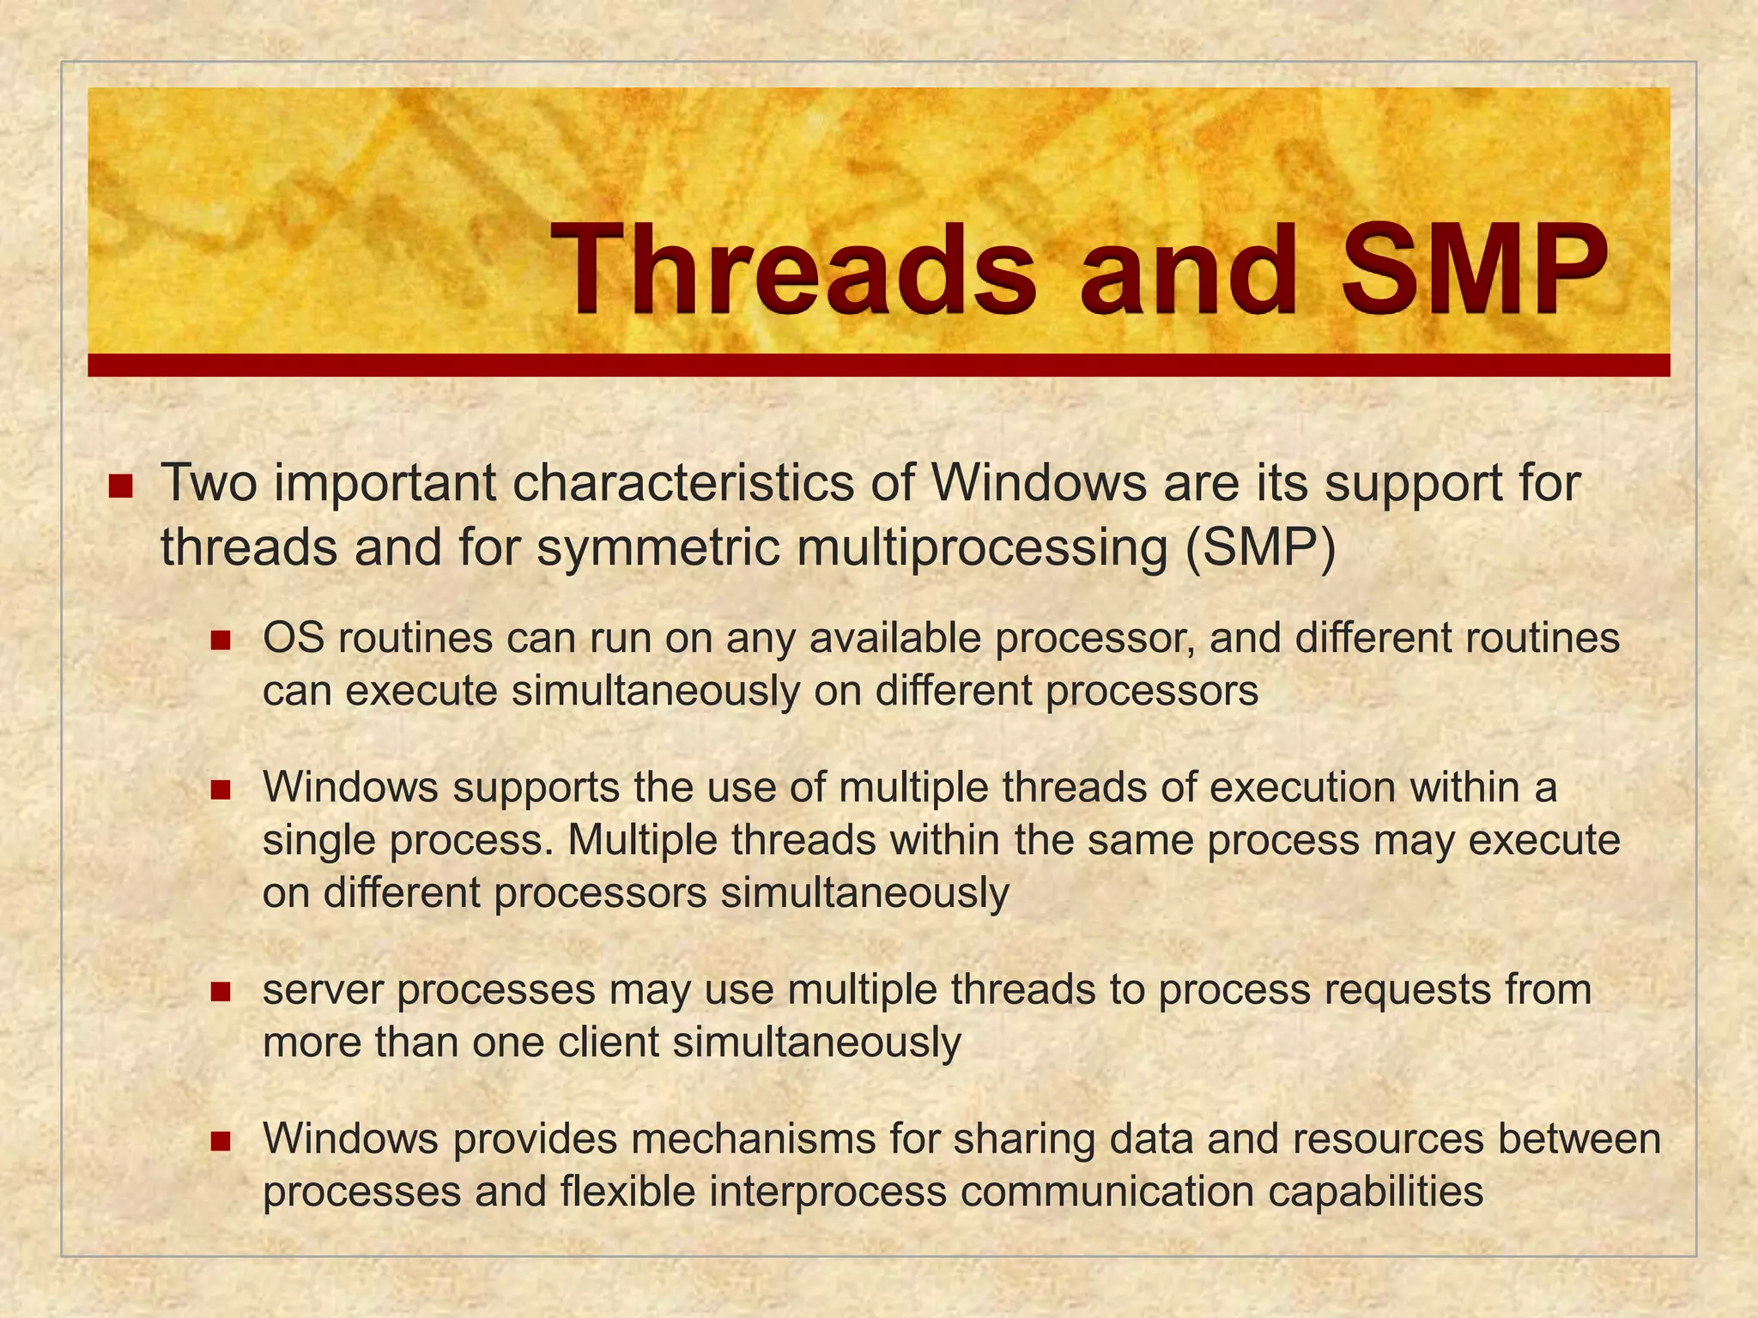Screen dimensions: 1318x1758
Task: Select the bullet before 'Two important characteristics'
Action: tap(121, 487)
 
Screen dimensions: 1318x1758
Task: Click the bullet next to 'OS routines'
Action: tap(221, 640)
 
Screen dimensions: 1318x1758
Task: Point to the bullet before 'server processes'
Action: tap(221, 992)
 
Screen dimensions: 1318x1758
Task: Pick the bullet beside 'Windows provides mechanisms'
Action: tap(221, 1141)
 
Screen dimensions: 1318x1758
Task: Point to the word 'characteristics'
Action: tap(683, 484)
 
